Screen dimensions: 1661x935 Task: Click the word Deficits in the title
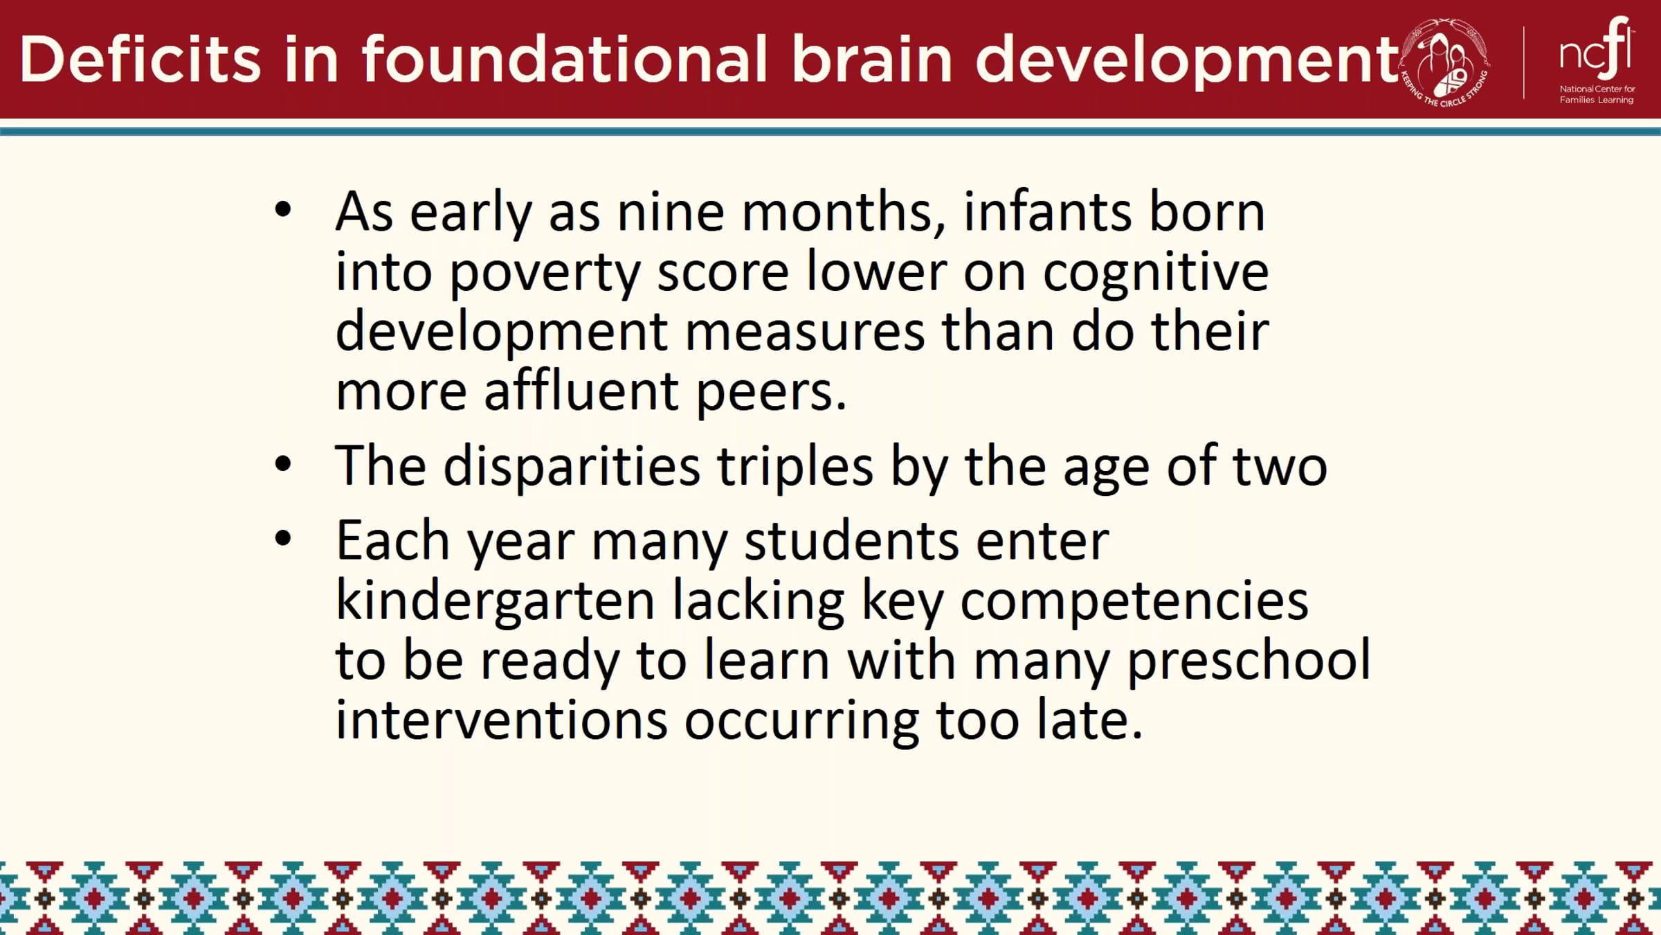tap(140, 60)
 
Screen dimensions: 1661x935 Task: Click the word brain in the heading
tap(872, 60)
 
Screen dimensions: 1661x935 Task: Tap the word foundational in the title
tap(565, 60)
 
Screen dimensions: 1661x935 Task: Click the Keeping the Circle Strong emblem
tap(1445, 62)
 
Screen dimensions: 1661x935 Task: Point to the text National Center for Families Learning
tap(1597, 94)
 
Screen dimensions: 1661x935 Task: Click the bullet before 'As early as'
tap(282, 210)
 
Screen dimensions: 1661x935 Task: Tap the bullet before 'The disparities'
tap(282, 463)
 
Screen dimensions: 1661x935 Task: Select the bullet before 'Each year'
tap(282, 538)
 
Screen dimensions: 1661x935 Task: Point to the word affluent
tap(581, 391)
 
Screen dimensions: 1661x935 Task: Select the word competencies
tap(1134, 601)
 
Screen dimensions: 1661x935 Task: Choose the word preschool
tap(1249, 660)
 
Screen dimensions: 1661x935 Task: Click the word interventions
tap(502, 720)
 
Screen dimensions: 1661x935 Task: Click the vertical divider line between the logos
tap(1524, 62)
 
